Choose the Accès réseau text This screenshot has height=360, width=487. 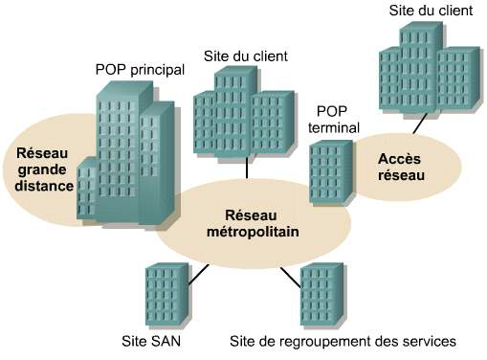point(401,169)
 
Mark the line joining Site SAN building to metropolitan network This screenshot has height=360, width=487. point(198,276)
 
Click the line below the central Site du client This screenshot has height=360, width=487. point(248,168)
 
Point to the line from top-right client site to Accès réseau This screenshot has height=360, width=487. point(418,124)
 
